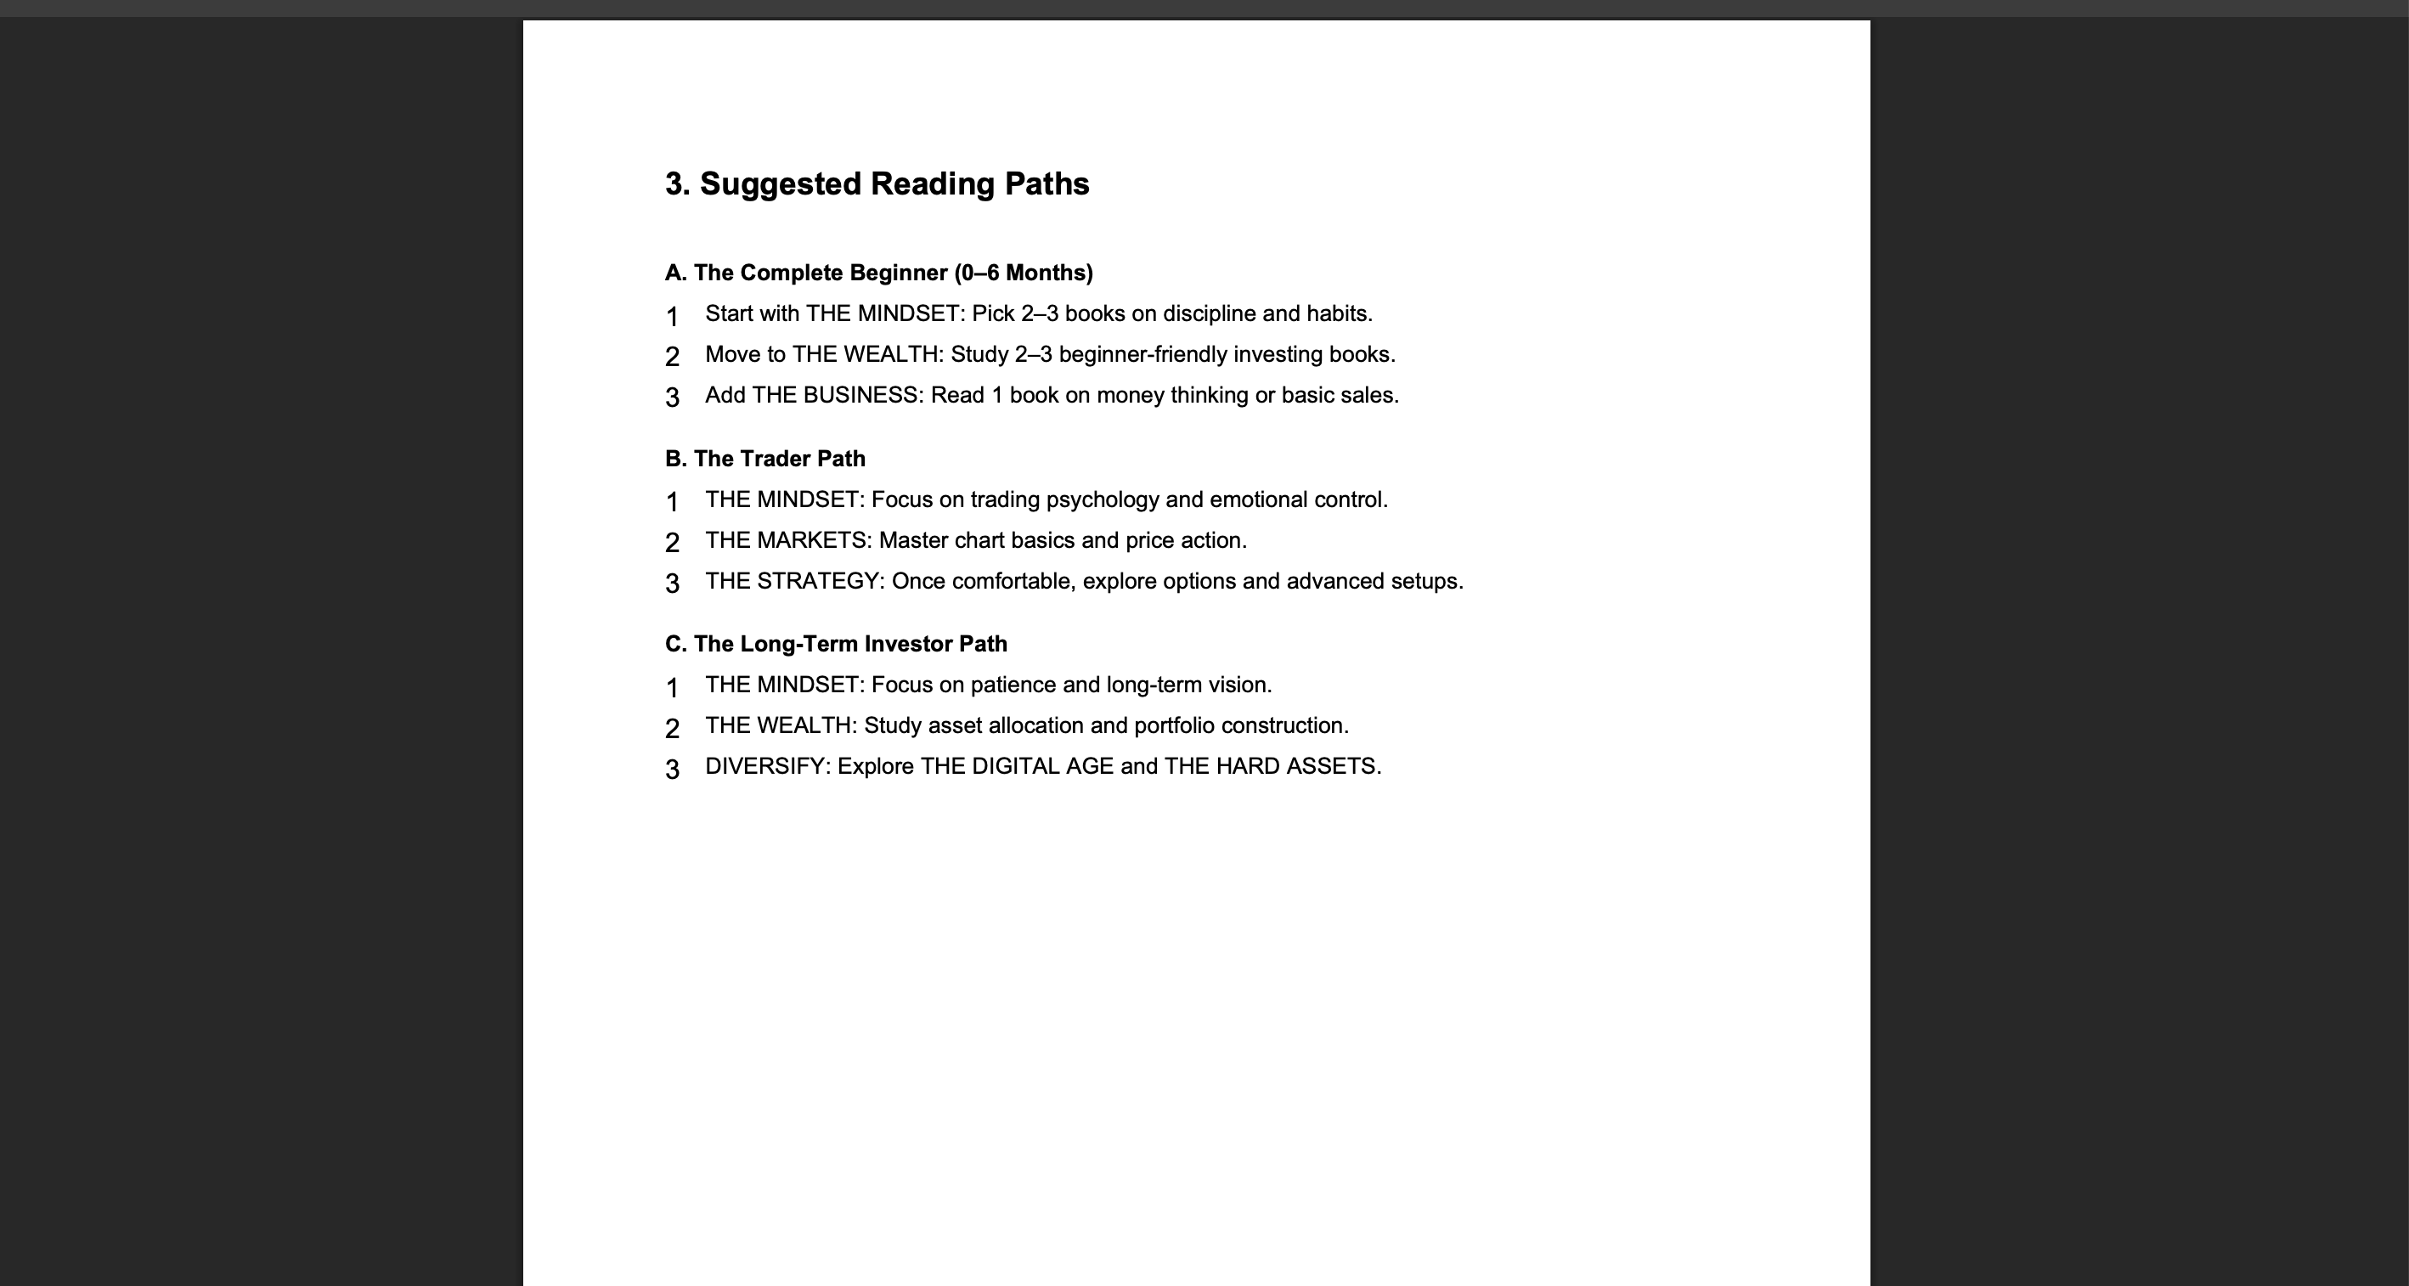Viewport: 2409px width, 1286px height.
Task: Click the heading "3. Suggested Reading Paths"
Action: (x=877, y=183)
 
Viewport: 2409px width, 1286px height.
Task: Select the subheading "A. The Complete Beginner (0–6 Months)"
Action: (x=878, y=274)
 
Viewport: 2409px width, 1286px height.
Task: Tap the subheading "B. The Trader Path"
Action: (x=765, y=460)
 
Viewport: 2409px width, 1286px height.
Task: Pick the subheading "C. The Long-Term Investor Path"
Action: (x=835, y=645)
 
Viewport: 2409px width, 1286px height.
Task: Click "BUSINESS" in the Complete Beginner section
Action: (x=862, y=396)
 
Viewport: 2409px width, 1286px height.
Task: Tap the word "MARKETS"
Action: (x=812, y=540)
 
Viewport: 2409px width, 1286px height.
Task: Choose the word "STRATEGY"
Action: (x=817, y=582)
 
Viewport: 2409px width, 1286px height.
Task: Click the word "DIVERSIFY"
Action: (x=766, y=767)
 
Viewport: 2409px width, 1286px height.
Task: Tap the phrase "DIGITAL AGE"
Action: (x=1041, y=767)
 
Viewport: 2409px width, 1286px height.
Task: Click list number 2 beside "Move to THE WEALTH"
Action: (x=671, y=358)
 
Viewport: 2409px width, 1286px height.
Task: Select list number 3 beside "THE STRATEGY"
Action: (x=671, y=584)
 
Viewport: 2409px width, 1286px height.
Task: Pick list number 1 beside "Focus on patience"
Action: (x=671, y=688)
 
